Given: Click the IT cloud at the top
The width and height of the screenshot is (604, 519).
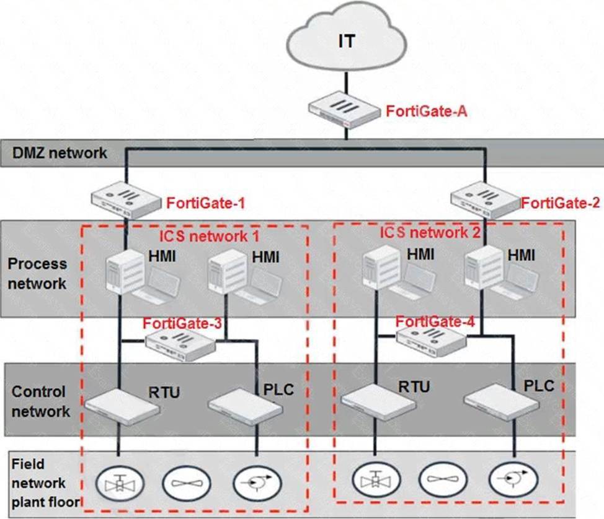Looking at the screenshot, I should [347, 41].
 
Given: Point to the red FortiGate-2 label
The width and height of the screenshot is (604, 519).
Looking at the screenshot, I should [560, 203].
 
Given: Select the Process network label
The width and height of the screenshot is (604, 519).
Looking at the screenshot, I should [37, 273].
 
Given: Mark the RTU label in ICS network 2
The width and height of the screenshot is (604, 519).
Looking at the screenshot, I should [414, 387].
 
